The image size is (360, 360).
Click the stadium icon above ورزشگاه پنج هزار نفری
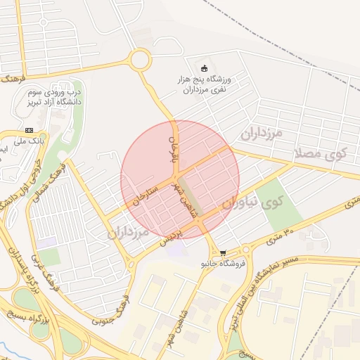click(205, 68)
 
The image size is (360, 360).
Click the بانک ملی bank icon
click(29, 130)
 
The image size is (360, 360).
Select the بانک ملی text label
click(32, 141)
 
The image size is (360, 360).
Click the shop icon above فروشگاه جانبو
click(223, 253)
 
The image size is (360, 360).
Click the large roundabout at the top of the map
click(140, 60)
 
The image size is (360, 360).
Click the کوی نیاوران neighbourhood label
click(252, 203)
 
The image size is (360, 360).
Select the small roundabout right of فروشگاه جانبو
click(246, 250)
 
